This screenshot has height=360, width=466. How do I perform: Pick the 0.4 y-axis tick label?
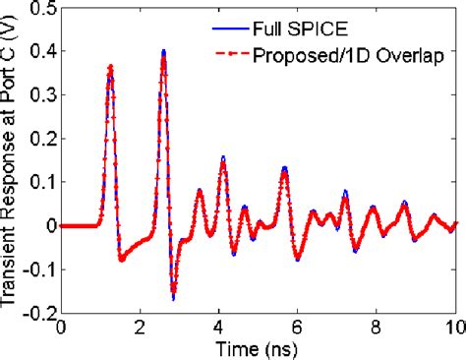click(x=41, y=55)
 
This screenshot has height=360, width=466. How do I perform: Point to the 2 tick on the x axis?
click(x=141, y=326)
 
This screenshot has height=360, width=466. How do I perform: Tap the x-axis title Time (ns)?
click(x=259, y=347)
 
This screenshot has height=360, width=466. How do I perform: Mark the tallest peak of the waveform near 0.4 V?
click(x=164, y=52)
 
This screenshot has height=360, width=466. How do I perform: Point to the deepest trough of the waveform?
click(x=173, y=297)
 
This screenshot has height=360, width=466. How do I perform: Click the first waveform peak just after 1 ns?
click(x=110, y=67)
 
